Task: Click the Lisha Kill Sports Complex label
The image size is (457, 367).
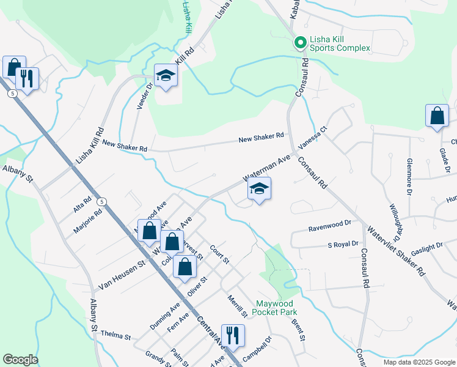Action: click(341, 44)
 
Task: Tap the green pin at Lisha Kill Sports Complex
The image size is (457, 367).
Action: click(299, 43)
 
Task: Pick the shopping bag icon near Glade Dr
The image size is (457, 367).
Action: click(437, 116)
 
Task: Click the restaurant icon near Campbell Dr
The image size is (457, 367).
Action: click(233, 336)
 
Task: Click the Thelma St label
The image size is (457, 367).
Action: click(117, 336)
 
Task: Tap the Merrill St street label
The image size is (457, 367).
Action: click(238, 305)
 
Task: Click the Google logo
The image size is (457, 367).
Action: click(20, 360)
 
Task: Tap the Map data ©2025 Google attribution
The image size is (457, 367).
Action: click(419, 362)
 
